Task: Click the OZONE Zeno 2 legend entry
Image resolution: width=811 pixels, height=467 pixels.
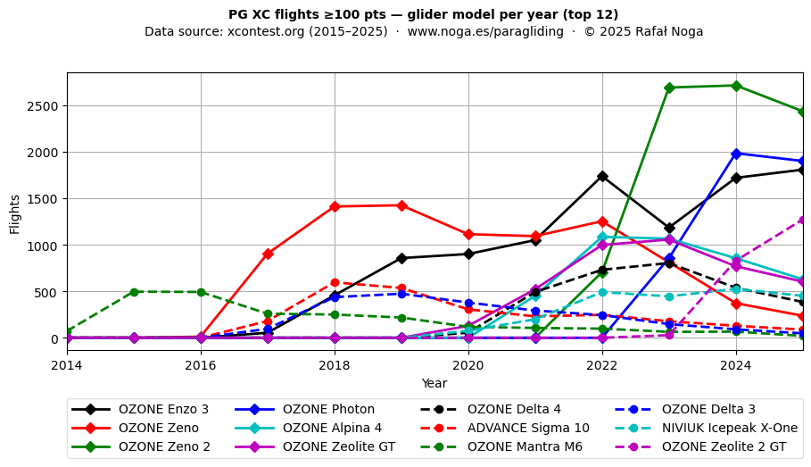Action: tap(164, 446)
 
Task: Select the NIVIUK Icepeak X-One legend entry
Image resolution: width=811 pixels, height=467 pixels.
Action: tap(729, 428)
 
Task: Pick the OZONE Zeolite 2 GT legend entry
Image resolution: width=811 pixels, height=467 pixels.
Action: tap(724, 446)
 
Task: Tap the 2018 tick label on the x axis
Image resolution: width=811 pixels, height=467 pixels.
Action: tap(335, 365)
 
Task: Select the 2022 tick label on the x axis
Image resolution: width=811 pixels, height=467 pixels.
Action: tap(602, 365)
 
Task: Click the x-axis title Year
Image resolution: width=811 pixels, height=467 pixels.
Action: tap(434, 383)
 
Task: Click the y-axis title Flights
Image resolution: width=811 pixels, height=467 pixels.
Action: tap(15, 213)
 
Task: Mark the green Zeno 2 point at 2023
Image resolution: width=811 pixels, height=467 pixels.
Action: tap(669, 88)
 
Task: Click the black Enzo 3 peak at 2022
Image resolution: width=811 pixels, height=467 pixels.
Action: tap(602, 177)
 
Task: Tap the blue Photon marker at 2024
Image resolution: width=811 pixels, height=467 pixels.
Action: tap(736, 154)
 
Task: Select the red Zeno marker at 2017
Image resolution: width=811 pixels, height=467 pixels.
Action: tap(268, 254)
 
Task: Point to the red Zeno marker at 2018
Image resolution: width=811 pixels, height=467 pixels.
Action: tap(335, 206)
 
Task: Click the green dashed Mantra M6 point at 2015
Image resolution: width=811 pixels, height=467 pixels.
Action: tap(134, 292)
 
